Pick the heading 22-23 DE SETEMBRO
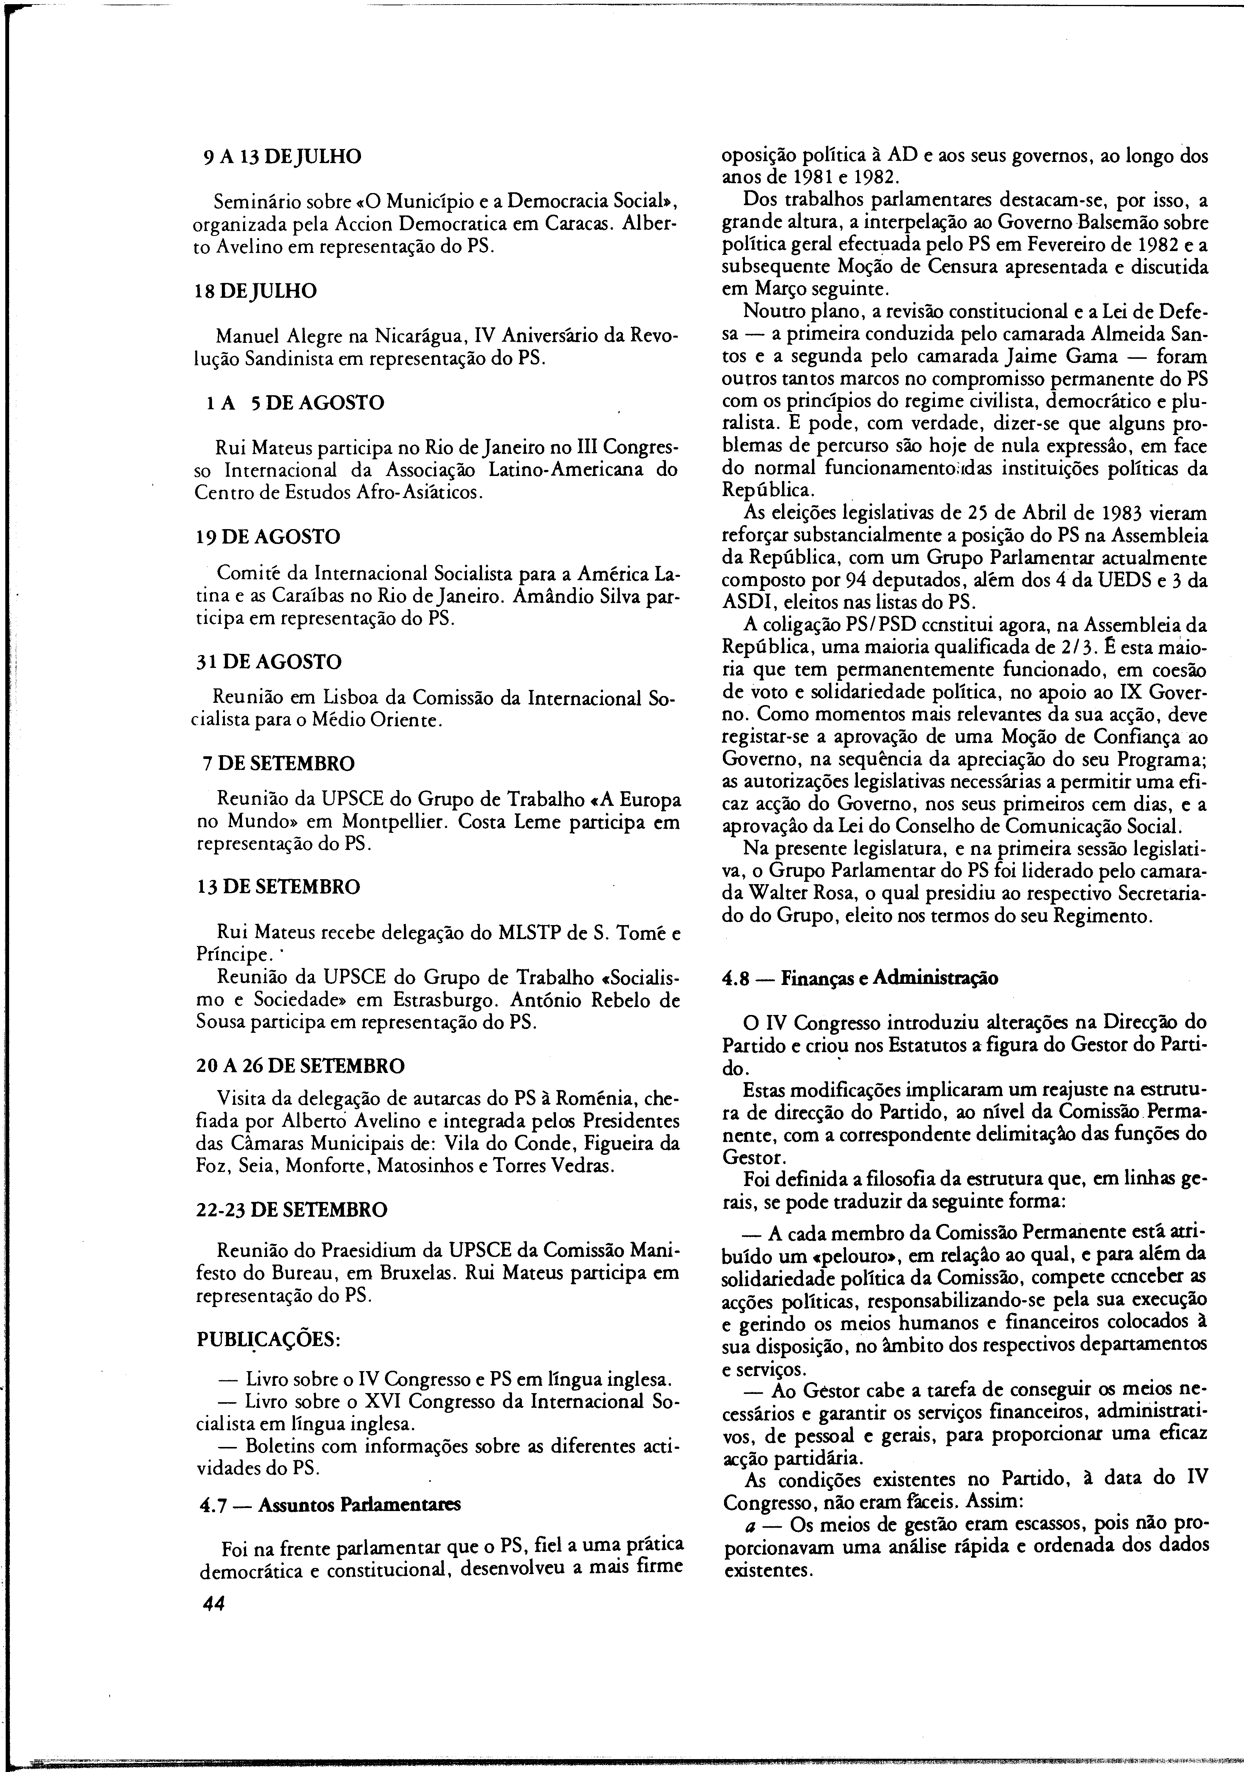coord(293,1210)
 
